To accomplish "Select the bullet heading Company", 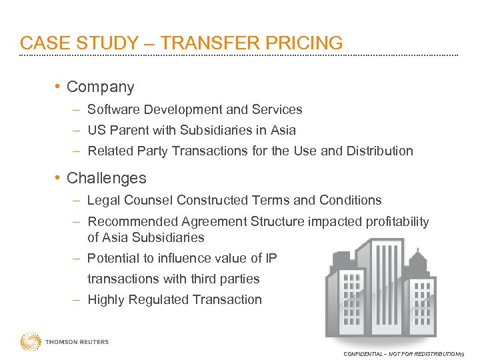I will pyautogui.click(x=101, y=87).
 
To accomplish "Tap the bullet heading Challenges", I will pyautogui.click(x=107, y=179).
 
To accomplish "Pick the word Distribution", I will pyautogui.click(x=379, y=151).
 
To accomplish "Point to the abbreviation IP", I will pyautogui.click(x=271, y=258).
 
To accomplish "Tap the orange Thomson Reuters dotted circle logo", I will pyautogui.click(x=30, y=342).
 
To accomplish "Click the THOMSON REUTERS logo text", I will pyautogui.click(x=77, y=342).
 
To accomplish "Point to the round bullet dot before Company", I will pyautogui.click(x=59, y=87).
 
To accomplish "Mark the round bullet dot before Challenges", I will pyautogui.click(x=59, y=178).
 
